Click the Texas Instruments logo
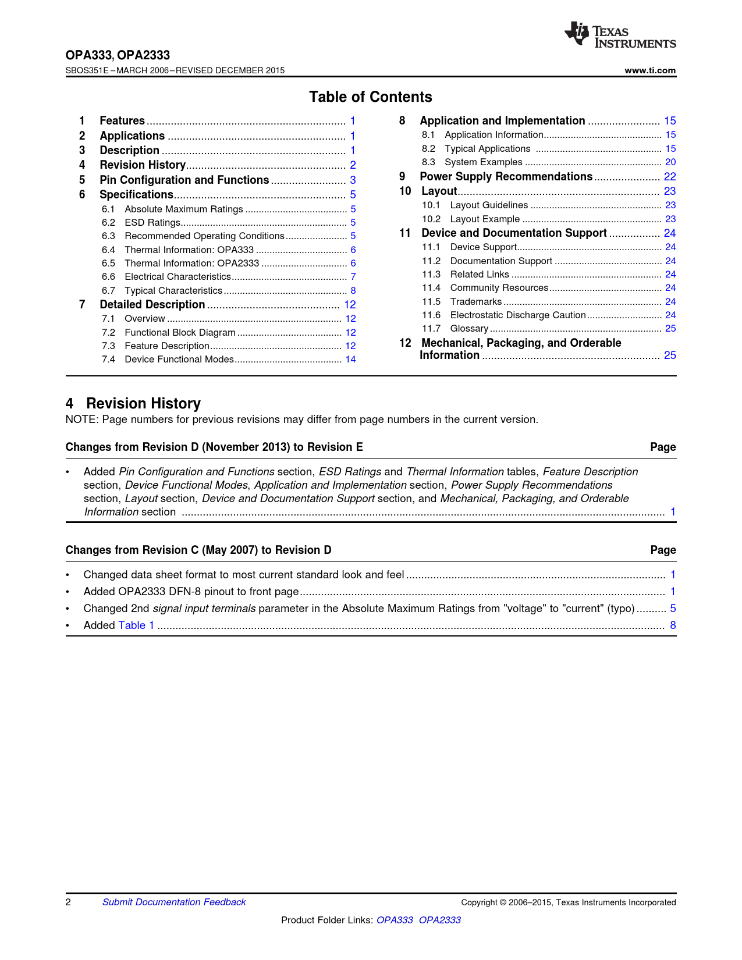[x=620, y=36]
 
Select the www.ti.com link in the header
[x=650, y=70]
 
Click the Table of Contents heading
[x=370, y=97]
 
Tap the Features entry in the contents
[x=122, y=121]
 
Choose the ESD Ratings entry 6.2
[x=152, y=223]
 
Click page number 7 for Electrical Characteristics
[x=353, y=277]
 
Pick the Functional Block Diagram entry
[x=180, y=333]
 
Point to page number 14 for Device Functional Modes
[x=350, y=360]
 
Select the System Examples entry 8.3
[x=483, y=162]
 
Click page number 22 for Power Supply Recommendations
[x=670, y=177]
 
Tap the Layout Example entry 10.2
[x=485, y=219]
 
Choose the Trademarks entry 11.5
[x=475, y=302]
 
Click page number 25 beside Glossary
[x=670, y=329]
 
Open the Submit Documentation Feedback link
[x=174, y=902]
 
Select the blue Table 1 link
[x=136, y=625]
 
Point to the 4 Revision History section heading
[x=133, y=404]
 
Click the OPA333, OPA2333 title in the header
[x=118, y=55]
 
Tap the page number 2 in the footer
[x=68, y=902]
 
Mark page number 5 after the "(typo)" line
[x=673, y=609]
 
